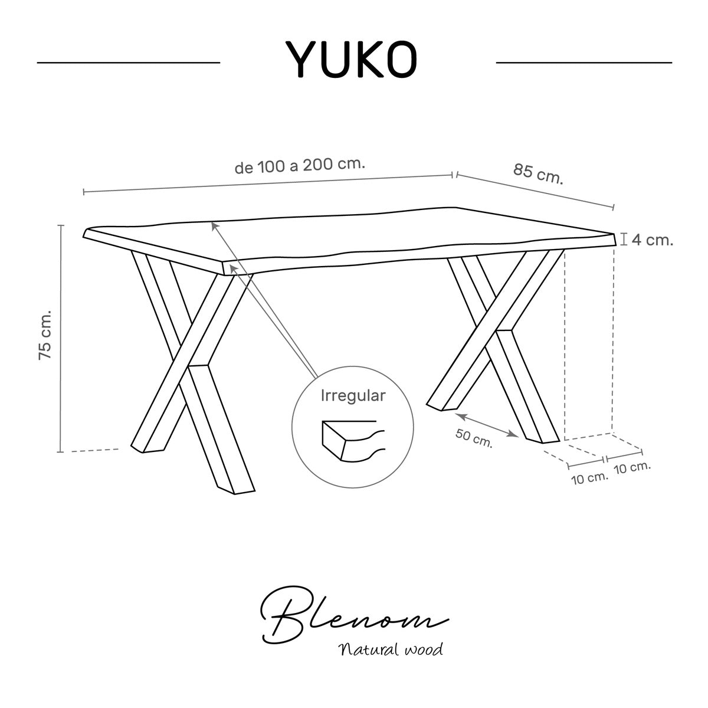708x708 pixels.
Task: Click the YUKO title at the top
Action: tap(351, 59)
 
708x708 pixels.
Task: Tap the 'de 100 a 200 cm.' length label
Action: tap(300, 166)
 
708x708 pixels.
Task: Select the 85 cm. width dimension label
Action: tap(538, 173)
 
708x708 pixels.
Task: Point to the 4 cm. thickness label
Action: tap(653, 240)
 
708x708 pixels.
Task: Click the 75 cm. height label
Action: tap(45, 336)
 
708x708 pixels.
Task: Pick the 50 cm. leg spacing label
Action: tap(474, 438)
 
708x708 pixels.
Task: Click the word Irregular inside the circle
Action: tap(353, 396)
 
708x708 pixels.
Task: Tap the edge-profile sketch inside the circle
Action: tap(353, 441)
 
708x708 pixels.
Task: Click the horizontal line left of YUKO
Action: tap(128, 63)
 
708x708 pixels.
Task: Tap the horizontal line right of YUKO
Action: tap(584, 63)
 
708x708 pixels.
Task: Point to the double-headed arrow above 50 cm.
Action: tap(486, 425)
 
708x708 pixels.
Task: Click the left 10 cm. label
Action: tap(589, 478)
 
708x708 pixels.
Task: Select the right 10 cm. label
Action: tap(632, 468)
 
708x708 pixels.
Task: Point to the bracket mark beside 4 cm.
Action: tap(623, 239)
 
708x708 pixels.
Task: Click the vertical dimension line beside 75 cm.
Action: tap(61, 339)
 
